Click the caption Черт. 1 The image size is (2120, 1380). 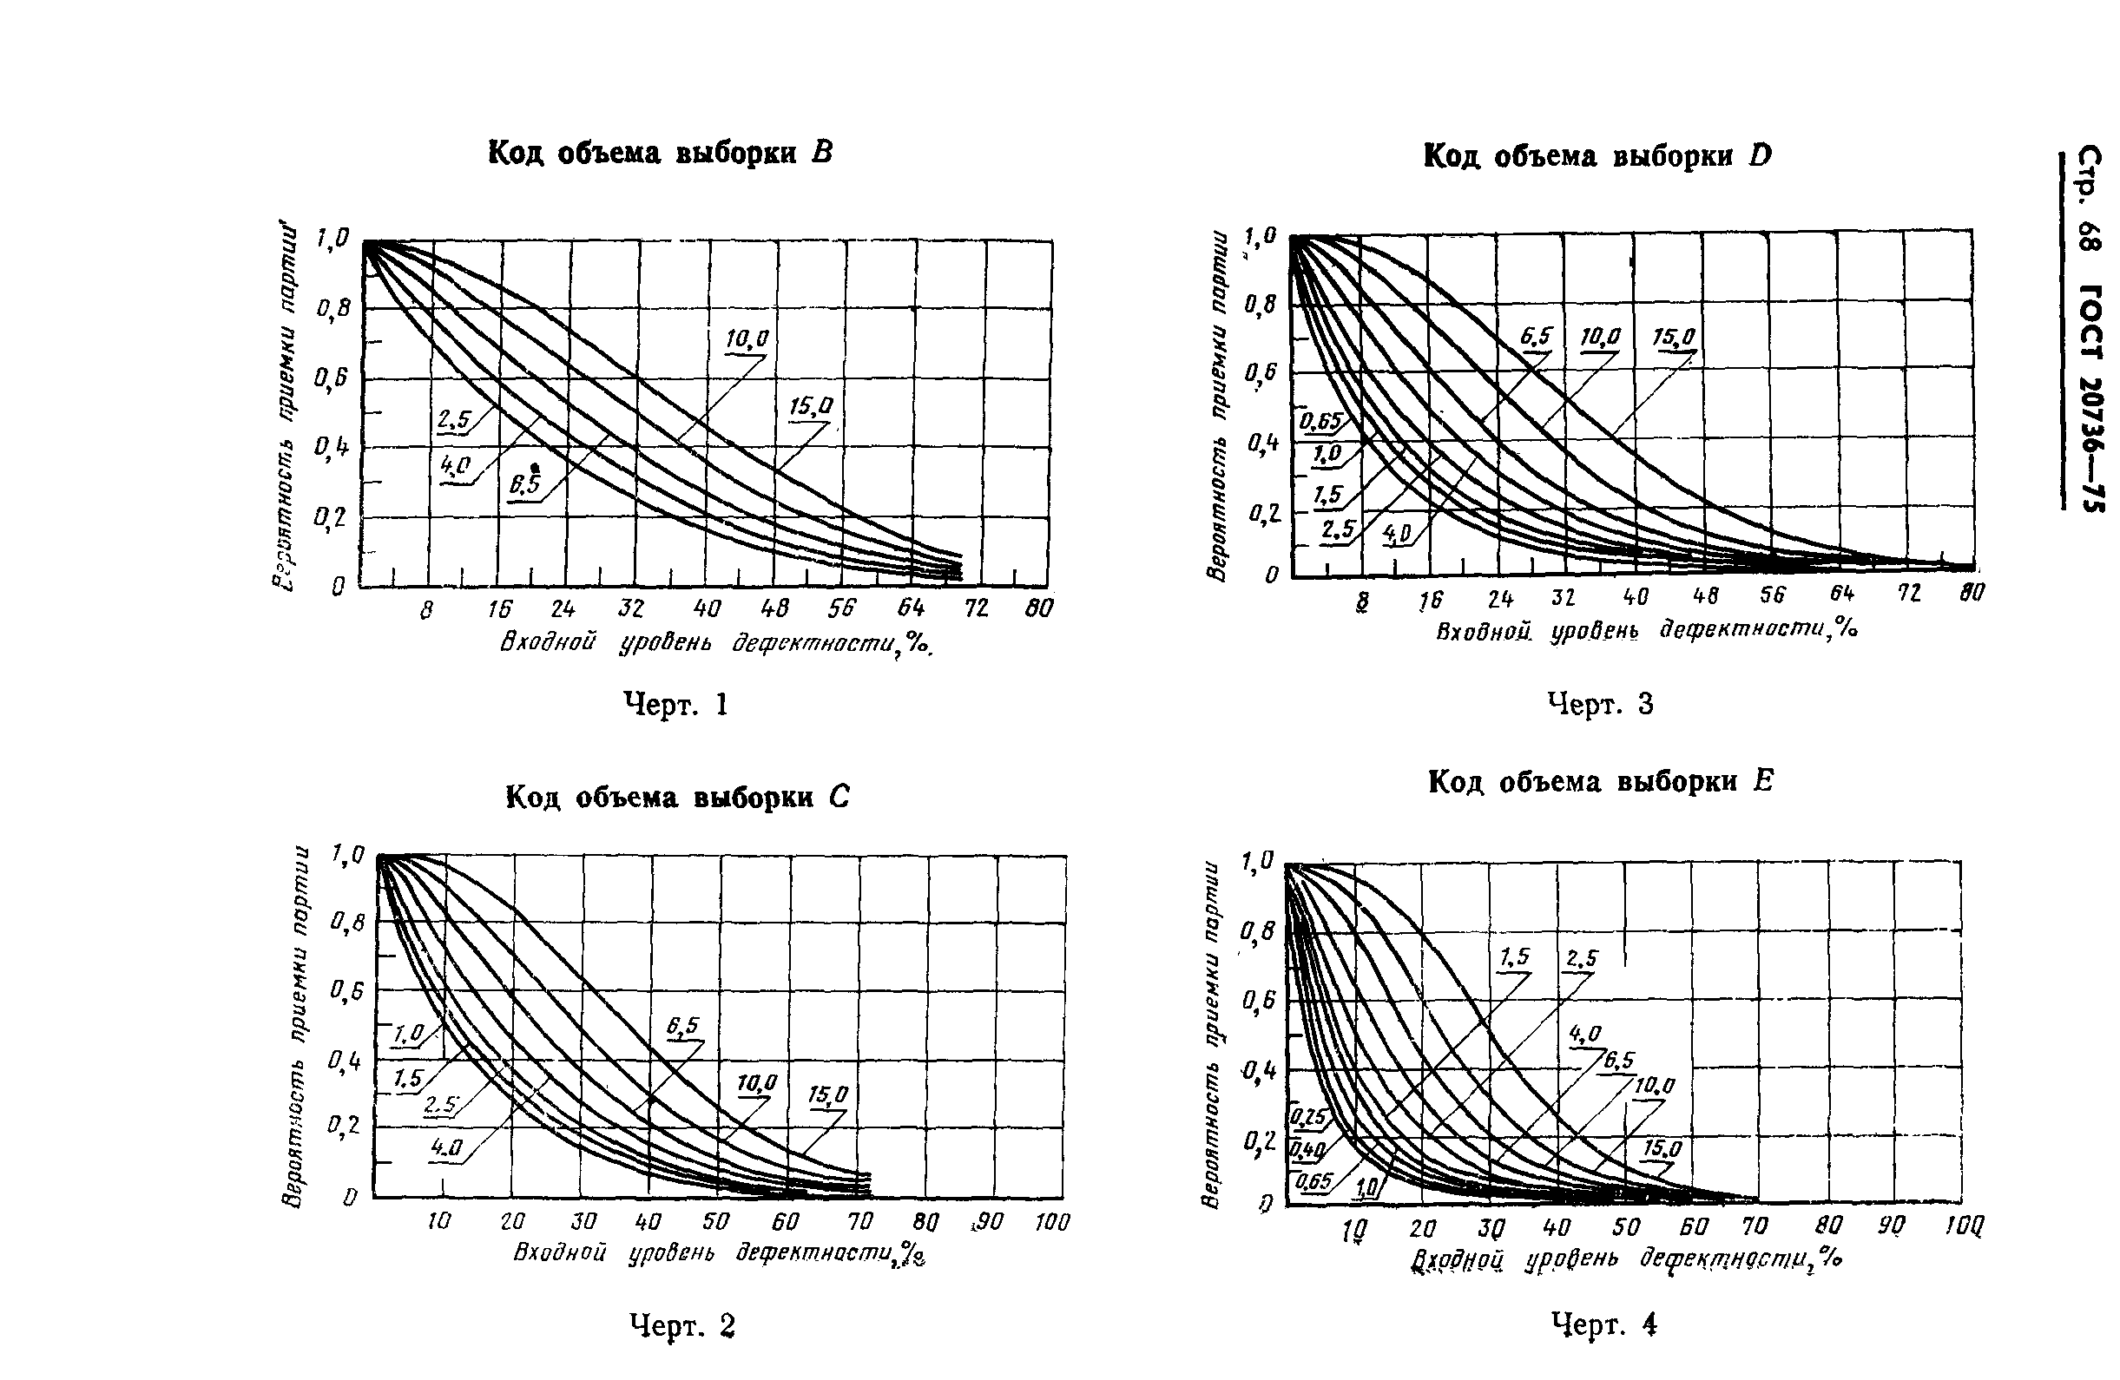click(676, 705)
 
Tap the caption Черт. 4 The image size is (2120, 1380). click(1603, 1324)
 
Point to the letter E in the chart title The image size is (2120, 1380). click(1763, 782)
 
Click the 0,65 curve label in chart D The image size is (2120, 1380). click(1321, 421)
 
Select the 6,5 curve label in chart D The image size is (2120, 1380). click(1535, 337)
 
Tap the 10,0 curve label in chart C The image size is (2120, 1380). click(756, 1082)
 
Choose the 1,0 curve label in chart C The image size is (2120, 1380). click(409, 1034)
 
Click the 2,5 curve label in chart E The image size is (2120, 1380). click(1581, 959)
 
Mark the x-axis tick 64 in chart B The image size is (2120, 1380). click(912, 608)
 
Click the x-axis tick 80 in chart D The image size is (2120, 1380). click(1972, 593)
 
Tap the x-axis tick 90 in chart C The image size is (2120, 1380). click(988, 1222)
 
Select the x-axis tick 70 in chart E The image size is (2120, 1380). click(1754, 1228)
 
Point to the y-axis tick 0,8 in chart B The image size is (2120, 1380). click(332, 310)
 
